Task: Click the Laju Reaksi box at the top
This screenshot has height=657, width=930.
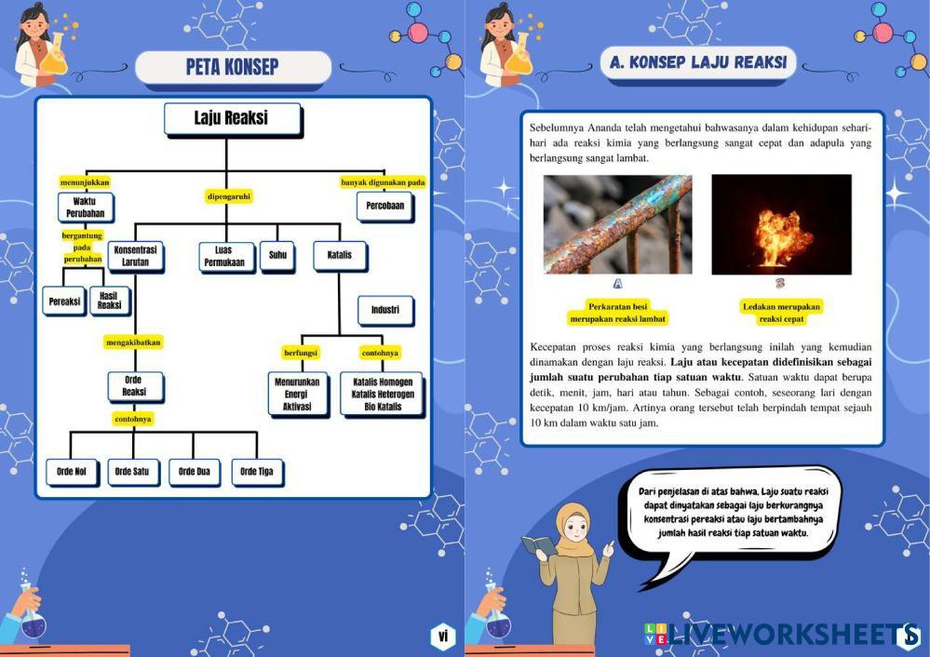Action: [x=231, y=119]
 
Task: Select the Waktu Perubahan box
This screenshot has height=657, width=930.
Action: [x=86, y=207]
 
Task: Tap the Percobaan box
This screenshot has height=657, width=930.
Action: [x=384, y=206]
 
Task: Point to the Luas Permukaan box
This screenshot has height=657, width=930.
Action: [x=227, y=257]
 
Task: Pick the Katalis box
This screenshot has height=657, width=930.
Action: [x=339, y=254]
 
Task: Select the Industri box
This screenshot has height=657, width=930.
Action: [x=384, y=310]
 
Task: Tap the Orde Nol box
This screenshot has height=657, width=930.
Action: [x=72, y=472]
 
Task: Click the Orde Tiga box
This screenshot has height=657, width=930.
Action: [x=256, y=472]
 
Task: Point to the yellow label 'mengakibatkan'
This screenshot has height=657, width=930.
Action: [x=133, y=342]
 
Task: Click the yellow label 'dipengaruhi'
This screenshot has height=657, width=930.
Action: [x=229, y=196]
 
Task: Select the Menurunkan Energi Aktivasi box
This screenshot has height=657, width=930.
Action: [x=297, y=395]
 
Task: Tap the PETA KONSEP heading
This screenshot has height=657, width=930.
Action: [x=233, y=67]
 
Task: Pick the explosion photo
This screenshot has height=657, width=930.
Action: [x=781, y=224]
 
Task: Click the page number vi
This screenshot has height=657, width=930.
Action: [x=443, y=636]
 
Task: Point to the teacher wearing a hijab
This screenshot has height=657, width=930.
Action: [x=574, y=568]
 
